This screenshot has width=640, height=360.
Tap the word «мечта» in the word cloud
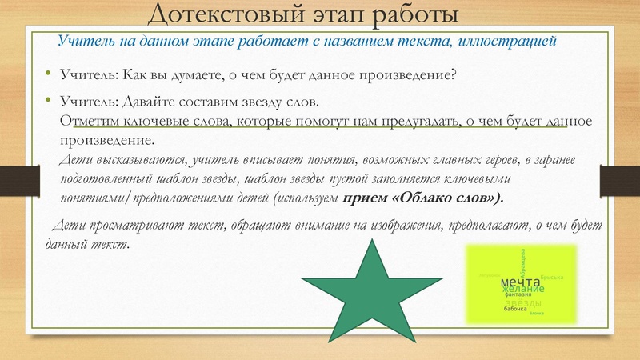click(x=520, y=282)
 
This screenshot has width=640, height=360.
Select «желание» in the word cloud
click(x=523, y=290)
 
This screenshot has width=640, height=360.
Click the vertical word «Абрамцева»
click(x=522, y=262)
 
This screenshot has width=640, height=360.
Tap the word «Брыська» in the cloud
click(x=552, y=277)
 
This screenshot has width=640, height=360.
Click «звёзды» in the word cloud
click(x=524, y=302)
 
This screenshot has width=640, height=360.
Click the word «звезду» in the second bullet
click(x=262, y=103)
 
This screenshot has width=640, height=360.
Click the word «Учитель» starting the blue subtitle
click(x=83, y=40)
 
